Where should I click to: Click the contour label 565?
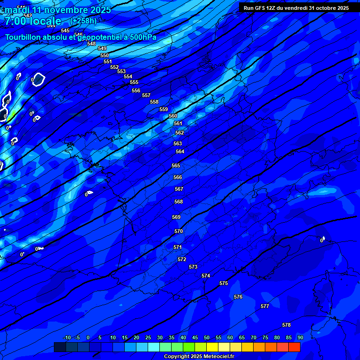pyautogui.click(x=176, y=166)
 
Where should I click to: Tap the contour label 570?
pyautogui.click(x=179, y=232)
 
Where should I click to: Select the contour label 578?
pyautogui.click(x=286, y=325)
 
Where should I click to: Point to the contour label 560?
pyautogui.click(x=173, y=116)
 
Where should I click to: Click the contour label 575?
pyautogui.click(x=224, y=284)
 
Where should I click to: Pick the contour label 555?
pyautogui.click(x=134, y=82)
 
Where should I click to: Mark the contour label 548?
pyautogui.click(x=91, y=44)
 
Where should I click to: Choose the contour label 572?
pyautogui.click(x=182, y=259)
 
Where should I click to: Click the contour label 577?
pyautogui.click(x=265, y=306)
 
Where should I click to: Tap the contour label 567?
pyautogui.click(x=179, y=189)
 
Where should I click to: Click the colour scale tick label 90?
pyautogui.click(x=300, y=337)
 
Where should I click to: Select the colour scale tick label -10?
pyautogui.click(x=67, y=337)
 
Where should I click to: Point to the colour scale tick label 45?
pyautogui.click(x=195, y=337)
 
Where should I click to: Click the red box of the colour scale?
pyautogui.click(x=294, y=347)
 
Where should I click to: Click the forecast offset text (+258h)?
pyautogui.click(x=83, y=21)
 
